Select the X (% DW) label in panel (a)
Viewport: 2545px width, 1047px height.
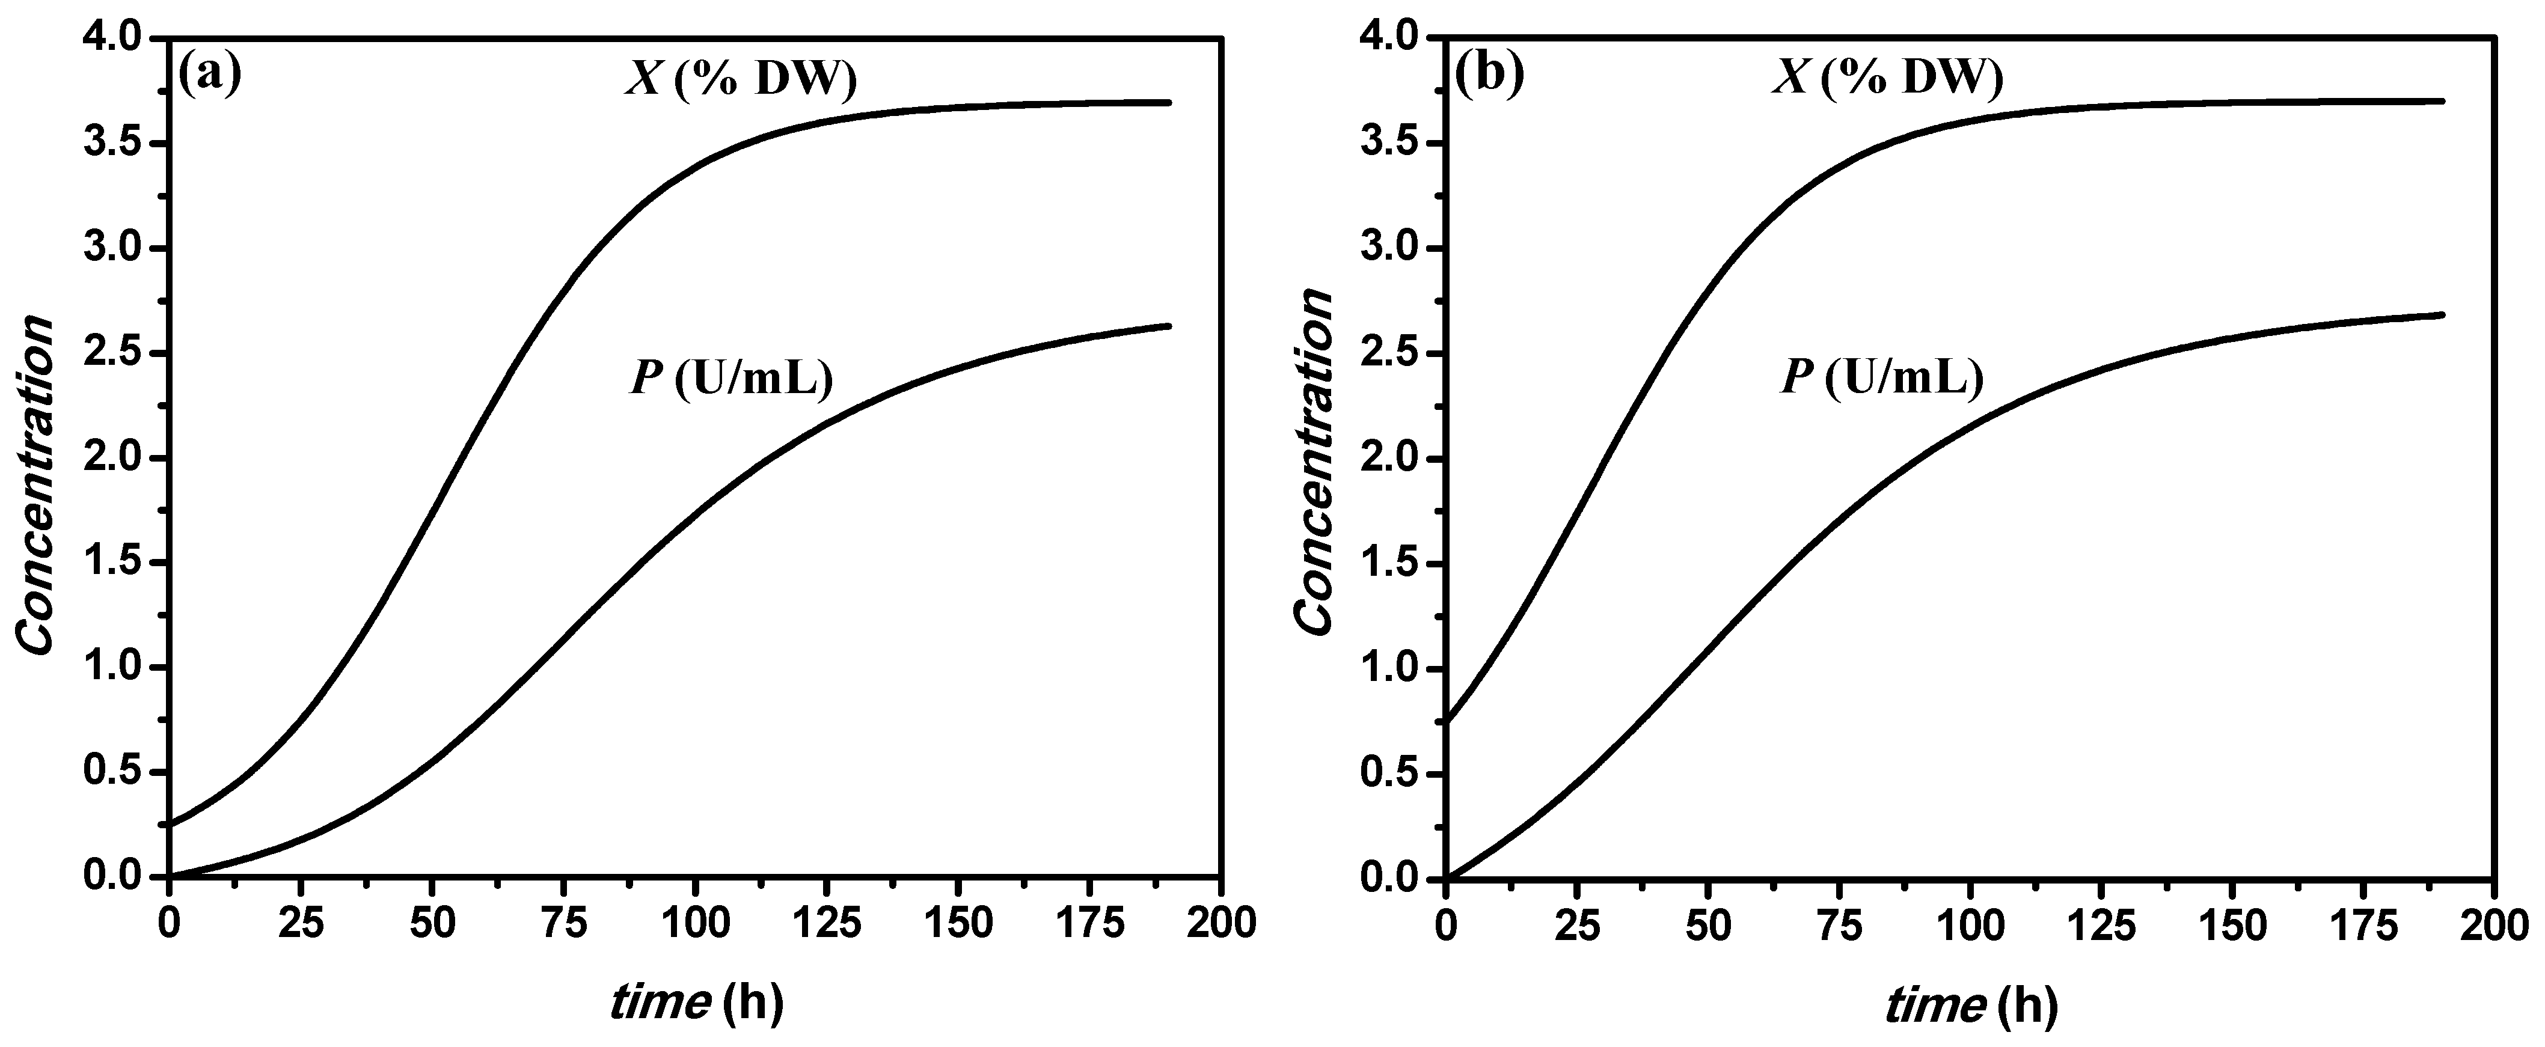coord(741,79)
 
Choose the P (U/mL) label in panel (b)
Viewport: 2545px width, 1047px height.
coord(1881,378)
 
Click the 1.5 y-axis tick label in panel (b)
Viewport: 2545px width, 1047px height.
coord(1390,564)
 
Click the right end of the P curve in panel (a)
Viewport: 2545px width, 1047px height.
coord(1169,326)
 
